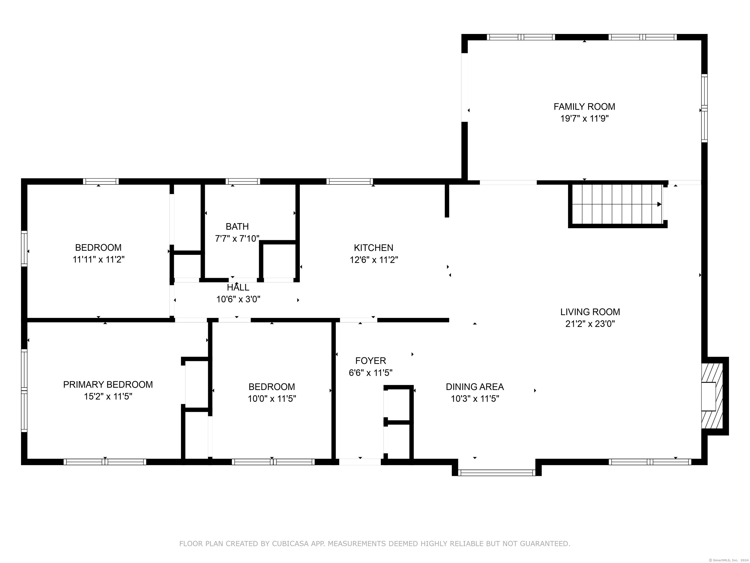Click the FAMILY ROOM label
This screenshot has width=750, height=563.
pos(584,107)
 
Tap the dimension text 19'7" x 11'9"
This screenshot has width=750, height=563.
pos(584,119)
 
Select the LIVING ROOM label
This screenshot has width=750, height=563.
pos(590,312)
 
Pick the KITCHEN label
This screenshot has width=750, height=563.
pos(374,248)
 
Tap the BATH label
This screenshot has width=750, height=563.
pos(237,226)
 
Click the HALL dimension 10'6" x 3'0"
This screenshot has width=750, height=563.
pos(238,299)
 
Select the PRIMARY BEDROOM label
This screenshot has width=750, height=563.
pos(108,384)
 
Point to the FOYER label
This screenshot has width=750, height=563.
pos(371,360)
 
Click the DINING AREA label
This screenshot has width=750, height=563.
pos(475,387)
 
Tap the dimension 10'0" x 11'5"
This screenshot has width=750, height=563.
pos(271,398)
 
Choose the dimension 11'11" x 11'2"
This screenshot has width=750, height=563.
pos(98,260)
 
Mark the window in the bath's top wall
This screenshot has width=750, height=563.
pos(243,182)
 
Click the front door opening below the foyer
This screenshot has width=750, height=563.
pos(360,462)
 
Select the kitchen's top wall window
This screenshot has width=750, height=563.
pos(350,182)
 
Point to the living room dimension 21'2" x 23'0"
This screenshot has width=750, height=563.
pos(590,324)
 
